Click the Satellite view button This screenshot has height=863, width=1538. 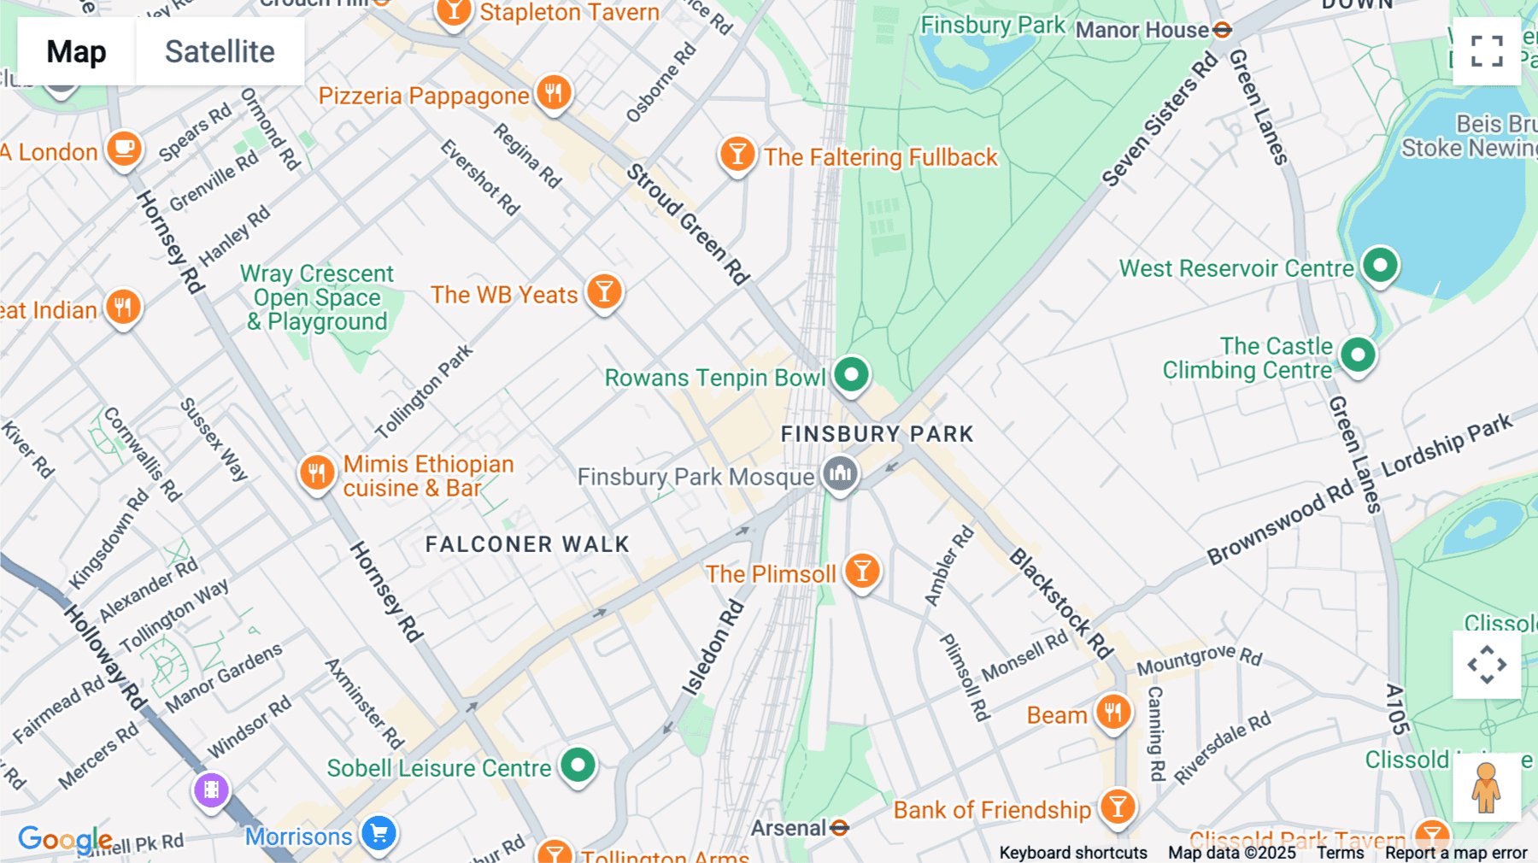220,51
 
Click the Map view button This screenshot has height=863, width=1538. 76,51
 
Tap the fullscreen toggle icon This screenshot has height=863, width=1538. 1487,51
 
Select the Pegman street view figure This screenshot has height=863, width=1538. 1486,787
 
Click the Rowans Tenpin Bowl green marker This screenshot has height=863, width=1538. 851,373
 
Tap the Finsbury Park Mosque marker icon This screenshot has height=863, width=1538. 840,473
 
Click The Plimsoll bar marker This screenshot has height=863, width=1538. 862,570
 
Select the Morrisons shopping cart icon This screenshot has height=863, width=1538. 379,832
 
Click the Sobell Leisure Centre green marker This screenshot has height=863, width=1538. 578,764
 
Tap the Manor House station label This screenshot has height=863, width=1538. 1142,30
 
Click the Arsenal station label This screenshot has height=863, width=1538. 788,827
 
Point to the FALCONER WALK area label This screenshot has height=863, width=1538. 527,544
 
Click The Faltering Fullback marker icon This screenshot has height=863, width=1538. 737,155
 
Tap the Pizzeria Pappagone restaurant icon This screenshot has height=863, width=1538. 554,91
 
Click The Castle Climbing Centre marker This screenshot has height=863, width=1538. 1358,354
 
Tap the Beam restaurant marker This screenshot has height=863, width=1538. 1112,711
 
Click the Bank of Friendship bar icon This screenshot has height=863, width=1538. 1118,805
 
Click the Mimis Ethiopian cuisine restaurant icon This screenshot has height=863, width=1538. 317,472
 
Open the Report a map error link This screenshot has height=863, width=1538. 1456,853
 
